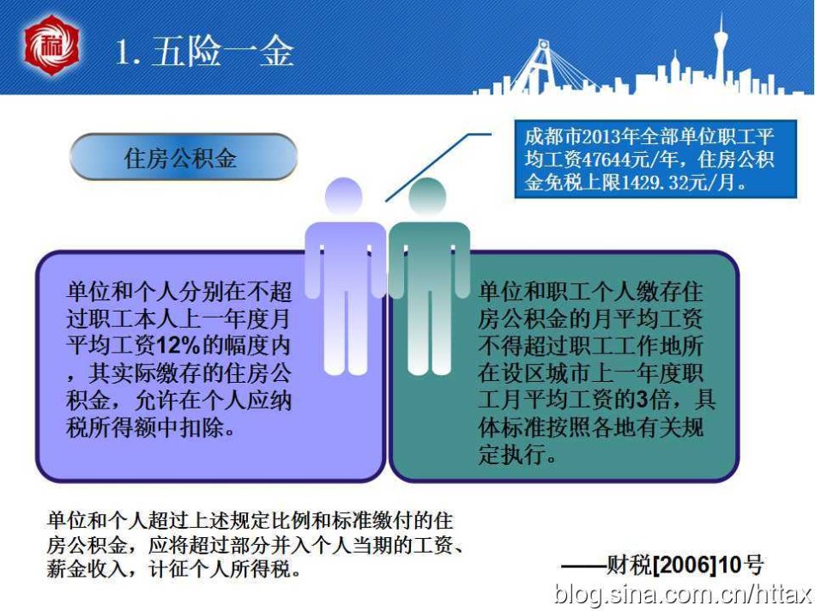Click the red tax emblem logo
coord(51,45)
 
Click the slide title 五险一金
coord(223,51)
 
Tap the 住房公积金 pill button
coord(184,157)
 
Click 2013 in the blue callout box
coord(601,136)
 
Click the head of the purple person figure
coord(343,196)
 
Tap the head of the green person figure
coord(427,196)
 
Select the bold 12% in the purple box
coord(178,345)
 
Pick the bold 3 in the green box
coord(642,399)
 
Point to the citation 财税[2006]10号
coord(685,565)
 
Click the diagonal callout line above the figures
coord(438,166)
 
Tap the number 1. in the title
coord(128,52)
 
